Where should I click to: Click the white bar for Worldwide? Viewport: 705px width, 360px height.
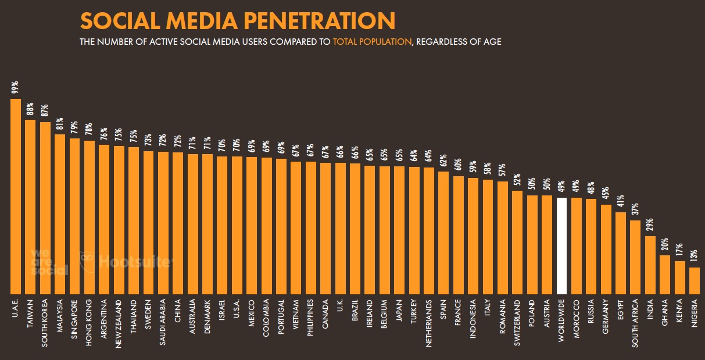(561, 245)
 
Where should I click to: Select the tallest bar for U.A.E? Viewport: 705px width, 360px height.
(16, 196)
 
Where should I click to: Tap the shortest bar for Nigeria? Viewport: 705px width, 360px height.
(695, 280)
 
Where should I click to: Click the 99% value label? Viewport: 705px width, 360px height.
(16, 87)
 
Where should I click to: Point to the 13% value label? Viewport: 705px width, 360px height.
(695, 256)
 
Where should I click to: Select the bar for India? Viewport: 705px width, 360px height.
(650, 265)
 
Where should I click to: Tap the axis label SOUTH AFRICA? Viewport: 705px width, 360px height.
(636, 323)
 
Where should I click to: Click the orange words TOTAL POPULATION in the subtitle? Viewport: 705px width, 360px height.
(371, 42)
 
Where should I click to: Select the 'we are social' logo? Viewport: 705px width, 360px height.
(49, 262)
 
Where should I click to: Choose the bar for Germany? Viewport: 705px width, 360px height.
(606, 249)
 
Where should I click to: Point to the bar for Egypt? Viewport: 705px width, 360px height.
(621, 253)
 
